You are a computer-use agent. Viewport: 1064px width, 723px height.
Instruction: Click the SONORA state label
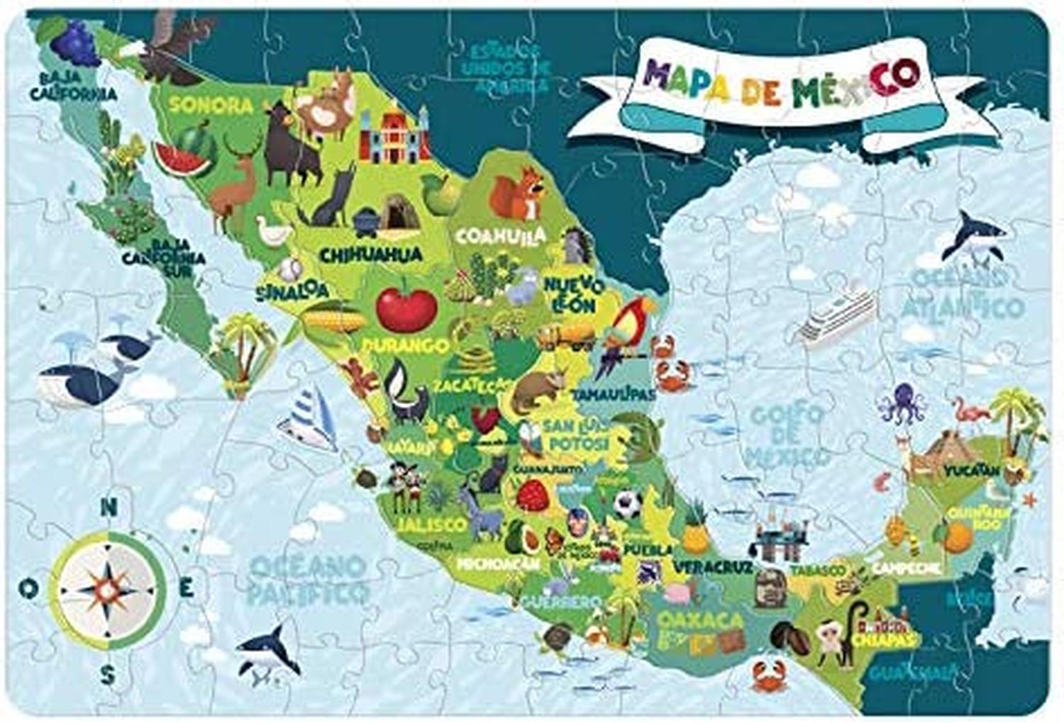(x=211, y=106)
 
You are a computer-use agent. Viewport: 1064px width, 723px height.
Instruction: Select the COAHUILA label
(x=501, y=235)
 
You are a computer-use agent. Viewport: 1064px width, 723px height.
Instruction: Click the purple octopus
(x=900, y=403)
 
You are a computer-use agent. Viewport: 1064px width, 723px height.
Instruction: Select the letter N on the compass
(x=108, y=508)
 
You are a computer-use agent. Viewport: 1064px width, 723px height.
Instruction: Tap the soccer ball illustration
(x=628, y=505)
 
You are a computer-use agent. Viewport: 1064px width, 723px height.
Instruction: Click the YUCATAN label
(x=971, y=470)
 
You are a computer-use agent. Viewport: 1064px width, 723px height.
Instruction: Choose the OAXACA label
(x=699, y=620)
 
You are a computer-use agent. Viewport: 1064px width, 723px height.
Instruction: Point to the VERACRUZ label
(x=712, y=567)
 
